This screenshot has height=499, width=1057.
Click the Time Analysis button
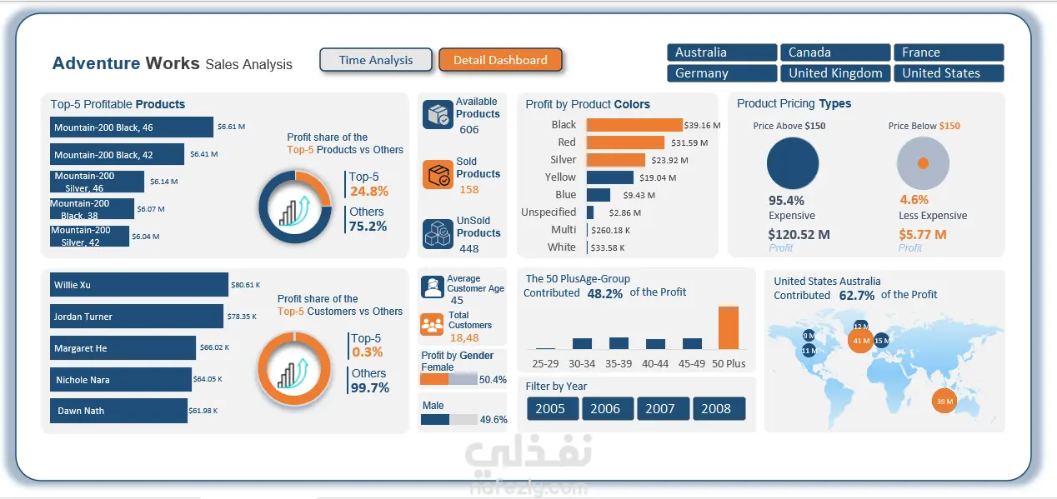pos(376,60)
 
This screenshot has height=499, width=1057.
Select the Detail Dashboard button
pos(500,60)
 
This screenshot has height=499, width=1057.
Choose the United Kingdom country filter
pos(835,73)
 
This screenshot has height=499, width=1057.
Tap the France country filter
pos(948,52)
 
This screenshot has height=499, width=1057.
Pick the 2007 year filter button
pos(659,408)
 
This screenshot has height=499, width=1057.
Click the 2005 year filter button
pos(550,408)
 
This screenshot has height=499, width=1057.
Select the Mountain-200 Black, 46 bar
pos(131,127)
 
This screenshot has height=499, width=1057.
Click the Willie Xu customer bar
pos(138,285)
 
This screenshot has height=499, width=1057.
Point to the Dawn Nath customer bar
pos(118,411)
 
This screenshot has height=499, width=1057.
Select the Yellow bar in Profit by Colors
pos(609,177)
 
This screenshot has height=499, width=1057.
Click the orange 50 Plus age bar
pos(728,327)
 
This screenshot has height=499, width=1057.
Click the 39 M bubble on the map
pos(944,402)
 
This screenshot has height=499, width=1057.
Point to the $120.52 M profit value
pos(799,235)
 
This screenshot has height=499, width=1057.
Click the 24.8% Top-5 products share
pos(368,192)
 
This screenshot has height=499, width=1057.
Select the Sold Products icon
pos(437,175)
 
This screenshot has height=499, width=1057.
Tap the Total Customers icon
pos(432,324)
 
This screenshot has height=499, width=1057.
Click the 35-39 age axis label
pos(619,363)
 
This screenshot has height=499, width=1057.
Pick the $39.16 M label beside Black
pos(702,126)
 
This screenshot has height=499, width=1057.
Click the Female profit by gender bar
pos(448,379)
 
